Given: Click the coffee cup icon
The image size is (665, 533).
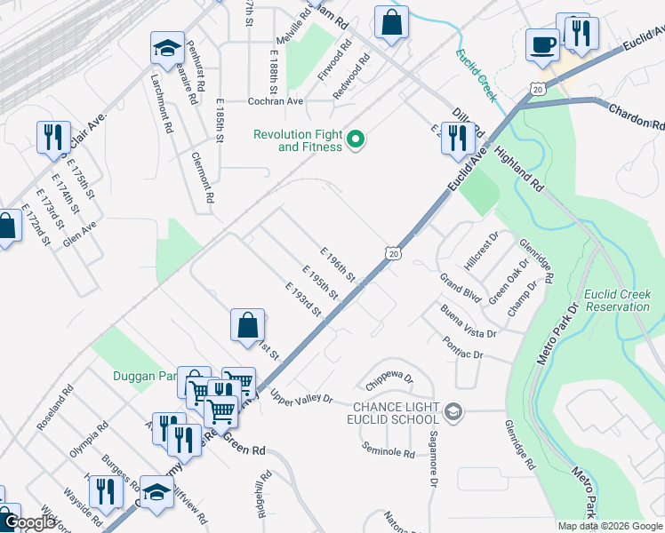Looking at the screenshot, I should (x=542, y=43).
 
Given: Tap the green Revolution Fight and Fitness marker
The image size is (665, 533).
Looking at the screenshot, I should (x=356, y=139).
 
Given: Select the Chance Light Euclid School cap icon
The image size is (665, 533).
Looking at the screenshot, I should (x=453, y=410).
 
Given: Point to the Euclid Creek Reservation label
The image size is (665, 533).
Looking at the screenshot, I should (x=618, y=300).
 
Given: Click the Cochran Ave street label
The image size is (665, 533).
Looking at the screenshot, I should (x=276, y=101).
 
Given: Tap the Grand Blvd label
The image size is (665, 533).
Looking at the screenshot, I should (x=460, y=288).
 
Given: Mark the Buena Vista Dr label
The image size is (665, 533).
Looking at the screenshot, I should (x=469, y=321).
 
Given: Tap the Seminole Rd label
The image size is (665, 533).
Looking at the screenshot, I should (x=389, y=452).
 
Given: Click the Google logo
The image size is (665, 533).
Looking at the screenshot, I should (x=31, y=522).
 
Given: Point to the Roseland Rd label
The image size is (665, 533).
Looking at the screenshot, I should (x=53, y=409).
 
